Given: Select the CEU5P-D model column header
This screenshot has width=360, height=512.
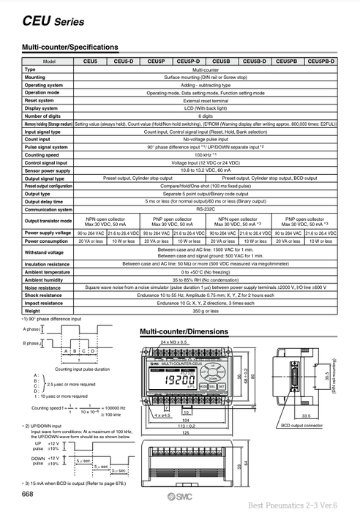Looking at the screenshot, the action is tap(189, 62).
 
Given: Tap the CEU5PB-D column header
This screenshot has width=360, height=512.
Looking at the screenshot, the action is tap(322, 62).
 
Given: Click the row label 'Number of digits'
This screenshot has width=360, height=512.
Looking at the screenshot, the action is tap(43, 116).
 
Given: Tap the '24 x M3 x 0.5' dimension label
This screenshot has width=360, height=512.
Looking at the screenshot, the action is tap(174, 343).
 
